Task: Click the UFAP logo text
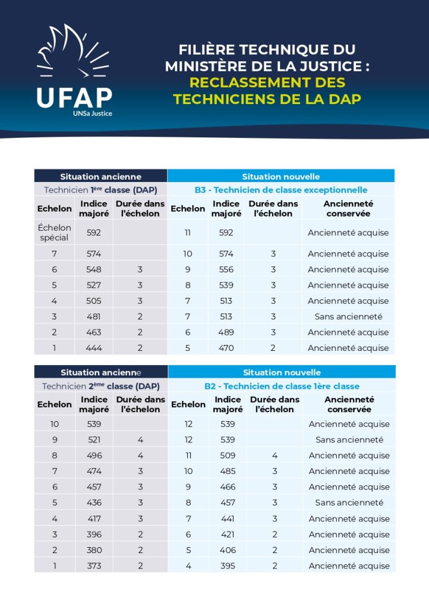coord(74,98)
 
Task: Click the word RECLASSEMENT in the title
coord(240,83)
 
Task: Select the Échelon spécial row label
coord(54,233)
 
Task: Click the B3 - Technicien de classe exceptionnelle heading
coord(281,190)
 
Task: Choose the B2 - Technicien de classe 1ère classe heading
coord(282,387)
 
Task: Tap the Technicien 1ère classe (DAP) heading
coord(100,190)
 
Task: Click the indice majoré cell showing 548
coord(94,269)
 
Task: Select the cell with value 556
coord(226,269)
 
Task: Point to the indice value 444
coord(94,348)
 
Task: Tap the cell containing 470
coord(226,348)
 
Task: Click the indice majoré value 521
coord(94,440)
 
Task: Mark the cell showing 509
coord(228,456)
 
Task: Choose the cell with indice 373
coord(94,566)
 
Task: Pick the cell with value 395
coord(228,566)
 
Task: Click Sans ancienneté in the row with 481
coord(348,316)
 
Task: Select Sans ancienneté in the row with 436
coord(349,503)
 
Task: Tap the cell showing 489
coord(226,332)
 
